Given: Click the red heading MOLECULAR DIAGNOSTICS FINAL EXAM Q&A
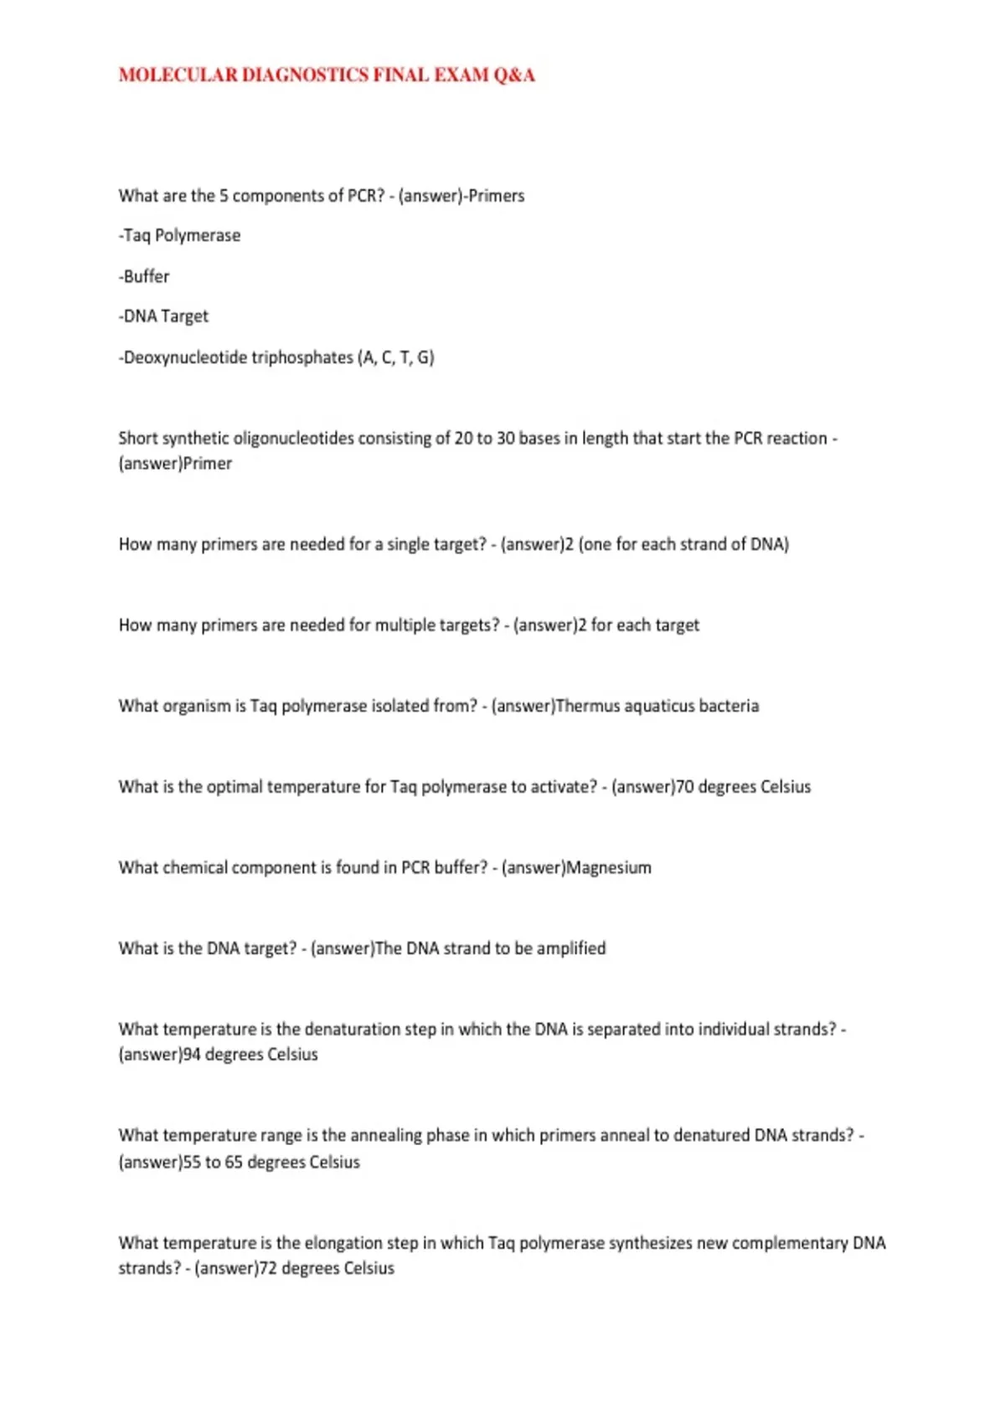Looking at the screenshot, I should point(327,75).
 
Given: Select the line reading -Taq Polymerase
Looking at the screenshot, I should point(179,236).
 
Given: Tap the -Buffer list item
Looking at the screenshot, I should point(144,276).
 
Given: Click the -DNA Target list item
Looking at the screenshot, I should point(163,316).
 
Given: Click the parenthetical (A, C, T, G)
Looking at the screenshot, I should point(396,357).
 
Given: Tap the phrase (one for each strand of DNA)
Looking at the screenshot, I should point(683,545).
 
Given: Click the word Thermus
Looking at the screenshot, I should point(586,706).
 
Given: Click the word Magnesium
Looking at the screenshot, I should point(609,868).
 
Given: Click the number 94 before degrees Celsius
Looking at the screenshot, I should point(192,1055).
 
